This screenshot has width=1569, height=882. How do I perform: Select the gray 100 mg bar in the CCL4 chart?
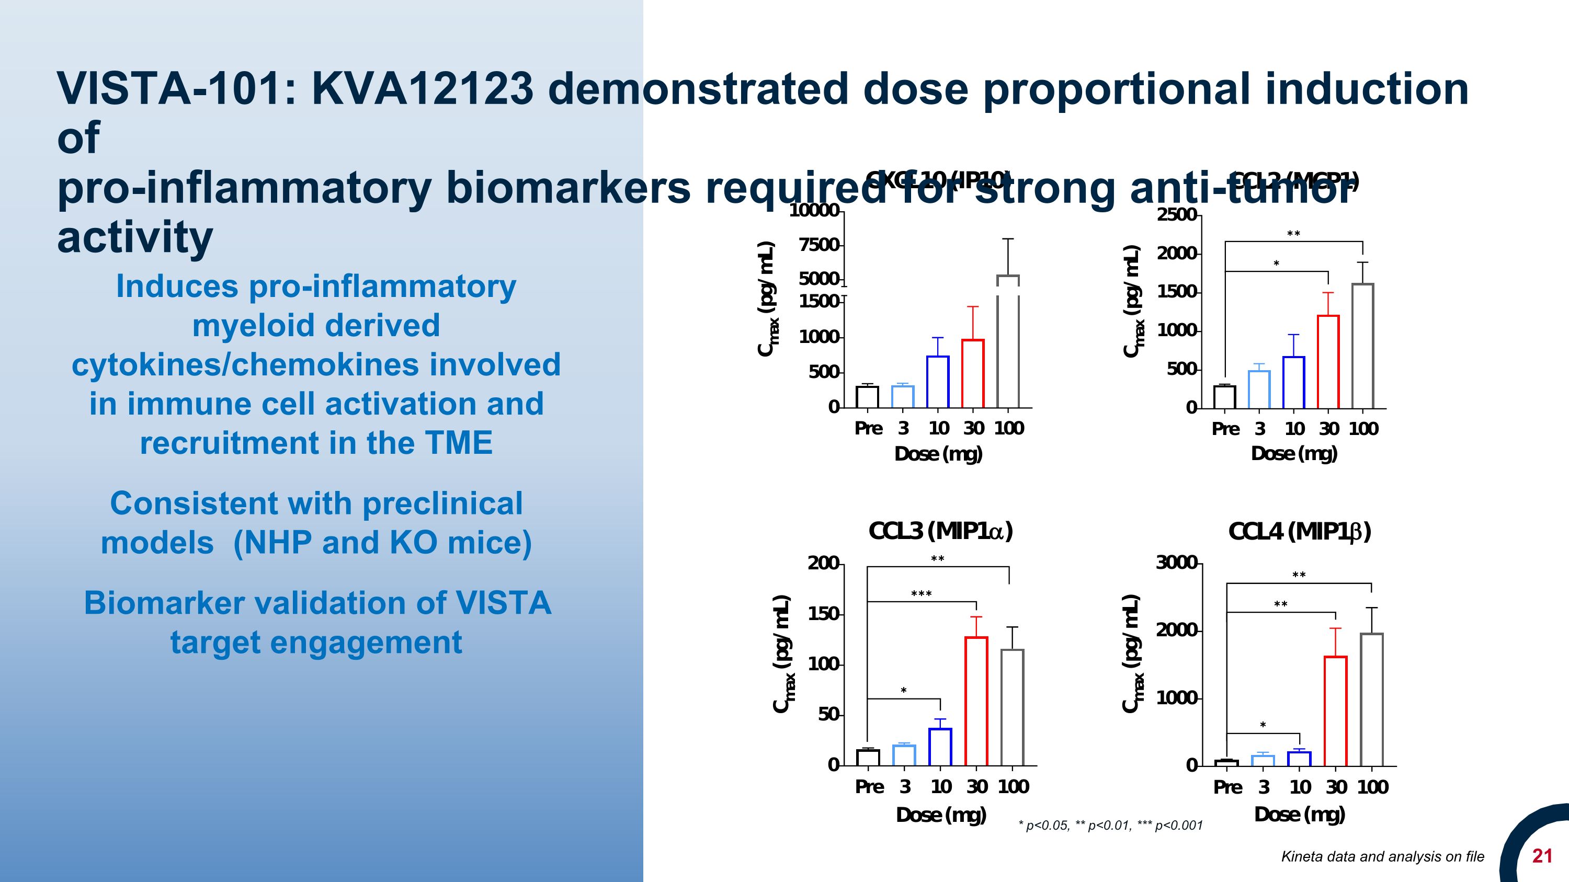(x=1372, y=700)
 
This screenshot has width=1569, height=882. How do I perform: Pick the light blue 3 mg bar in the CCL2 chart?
(x=1259, y=390)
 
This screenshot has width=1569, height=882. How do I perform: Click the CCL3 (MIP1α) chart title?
(x=940, y=531)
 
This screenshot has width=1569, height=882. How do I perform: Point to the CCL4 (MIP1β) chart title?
(x=1300, y=532)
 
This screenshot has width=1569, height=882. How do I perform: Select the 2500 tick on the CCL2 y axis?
(x=1176, y=215)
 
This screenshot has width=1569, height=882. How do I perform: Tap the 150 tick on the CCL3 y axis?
(x=823, y=614)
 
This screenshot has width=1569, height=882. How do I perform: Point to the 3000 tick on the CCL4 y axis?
(x=1176, y=563)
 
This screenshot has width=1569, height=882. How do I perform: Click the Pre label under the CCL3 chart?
(x=869, y=787)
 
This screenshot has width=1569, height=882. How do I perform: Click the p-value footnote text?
(x=1110, y=826)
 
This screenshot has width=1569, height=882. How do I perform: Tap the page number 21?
(x=1542, y=856)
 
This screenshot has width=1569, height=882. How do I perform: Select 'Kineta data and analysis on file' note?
(x=1383, y=856)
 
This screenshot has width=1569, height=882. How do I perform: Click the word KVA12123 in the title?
(x=422, y=89)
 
